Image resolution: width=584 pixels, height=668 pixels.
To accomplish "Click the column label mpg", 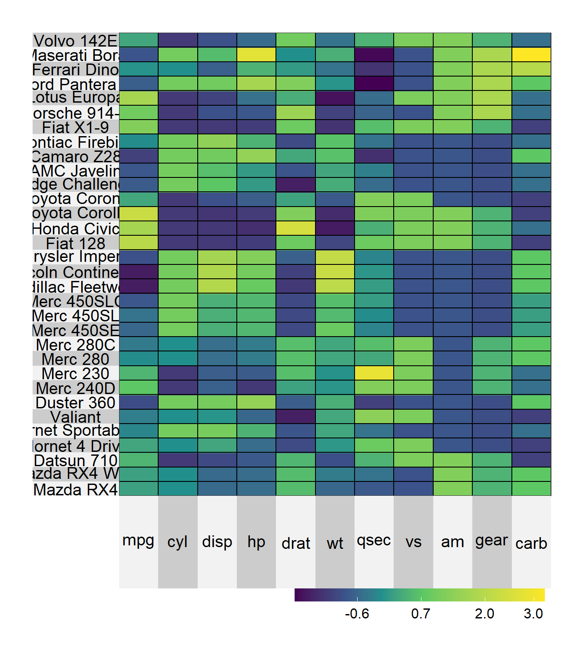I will point(138,541).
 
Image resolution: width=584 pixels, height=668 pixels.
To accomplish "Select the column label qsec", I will point(374,541).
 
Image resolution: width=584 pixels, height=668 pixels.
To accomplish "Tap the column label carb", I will point(531,543).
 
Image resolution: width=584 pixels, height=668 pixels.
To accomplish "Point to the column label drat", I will point(295,543).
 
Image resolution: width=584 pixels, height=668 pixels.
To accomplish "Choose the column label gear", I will point(491,541).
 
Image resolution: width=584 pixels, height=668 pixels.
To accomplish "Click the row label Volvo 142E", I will point(76,40).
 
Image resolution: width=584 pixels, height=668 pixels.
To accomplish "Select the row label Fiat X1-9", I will point(76,127).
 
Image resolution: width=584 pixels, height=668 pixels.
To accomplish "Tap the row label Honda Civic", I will point(76,229).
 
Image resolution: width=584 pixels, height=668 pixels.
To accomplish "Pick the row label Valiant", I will point(76,417).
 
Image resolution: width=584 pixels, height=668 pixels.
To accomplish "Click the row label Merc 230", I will point(76,374).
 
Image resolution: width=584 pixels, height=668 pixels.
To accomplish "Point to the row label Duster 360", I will point(76,403).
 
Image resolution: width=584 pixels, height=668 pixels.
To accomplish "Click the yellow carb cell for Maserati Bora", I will point(531,54).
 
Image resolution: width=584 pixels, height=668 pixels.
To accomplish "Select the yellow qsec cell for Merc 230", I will point(374,373).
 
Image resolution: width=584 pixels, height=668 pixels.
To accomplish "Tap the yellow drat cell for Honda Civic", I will point(295,228).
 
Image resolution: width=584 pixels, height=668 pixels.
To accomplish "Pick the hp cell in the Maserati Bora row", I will point(256,54).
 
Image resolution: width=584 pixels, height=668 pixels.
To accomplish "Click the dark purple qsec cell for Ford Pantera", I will point(374,83).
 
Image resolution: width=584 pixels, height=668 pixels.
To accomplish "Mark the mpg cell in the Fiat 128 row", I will point(138,243).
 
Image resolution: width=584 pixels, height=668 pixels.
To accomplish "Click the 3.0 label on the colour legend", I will point(533,614).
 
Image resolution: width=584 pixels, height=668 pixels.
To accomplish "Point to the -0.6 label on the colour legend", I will point(357,614).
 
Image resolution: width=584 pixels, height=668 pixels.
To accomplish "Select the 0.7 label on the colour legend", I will point(421,614).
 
